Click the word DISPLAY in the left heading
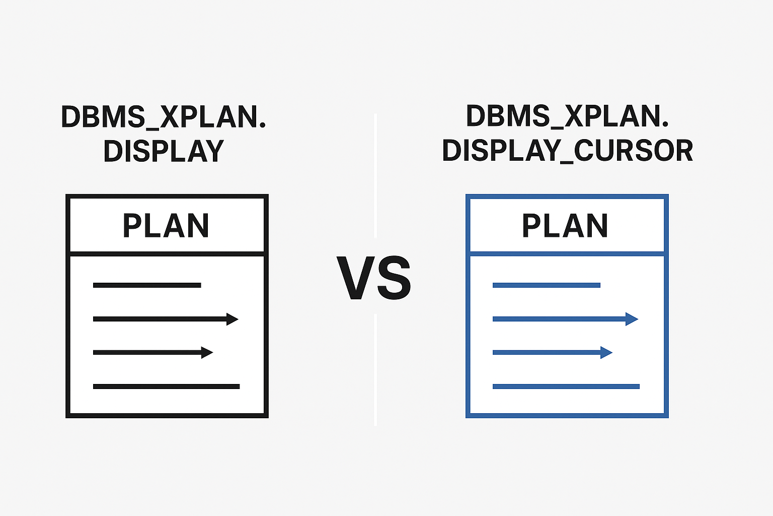[164, 151]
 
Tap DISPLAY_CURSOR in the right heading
[567, 151]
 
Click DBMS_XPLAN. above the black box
[164, 117]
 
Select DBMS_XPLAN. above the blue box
[567, 116]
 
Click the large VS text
[374, 278]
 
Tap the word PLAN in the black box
[166, 226]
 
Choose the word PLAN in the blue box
[565, 226]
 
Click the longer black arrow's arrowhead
[232, 319]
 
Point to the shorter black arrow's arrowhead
[207, 353]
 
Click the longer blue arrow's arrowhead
[632, 319]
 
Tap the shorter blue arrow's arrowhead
[606, 353]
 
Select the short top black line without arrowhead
[147, 285]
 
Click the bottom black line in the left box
[167, 386]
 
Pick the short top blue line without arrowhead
[547, 285]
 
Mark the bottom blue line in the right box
[566, 386]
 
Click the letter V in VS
[355, 278]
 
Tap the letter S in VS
[394, 278]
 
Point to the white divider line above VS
[375, 175]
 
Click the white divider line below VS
[375, 370]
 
